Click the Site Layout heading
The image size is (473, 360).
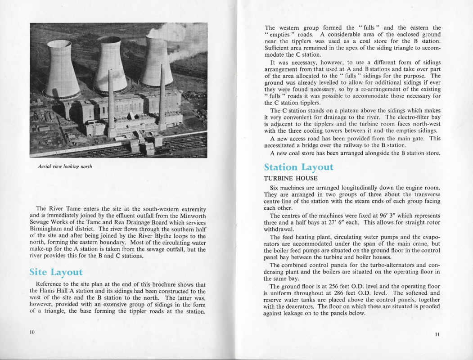tap(56, 272)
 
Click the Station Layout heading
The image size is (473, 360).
tap(298, 167)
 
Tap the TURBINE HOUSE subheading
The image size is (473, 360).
tap(290, 178)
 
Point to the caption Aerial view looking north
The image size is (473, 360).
tap(65, 166)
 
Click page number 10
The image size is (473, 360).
tap(32, 332)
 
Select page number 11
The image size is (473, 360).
tap(438, 334)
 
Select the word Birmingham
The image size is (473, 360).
tap(45, 229)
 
